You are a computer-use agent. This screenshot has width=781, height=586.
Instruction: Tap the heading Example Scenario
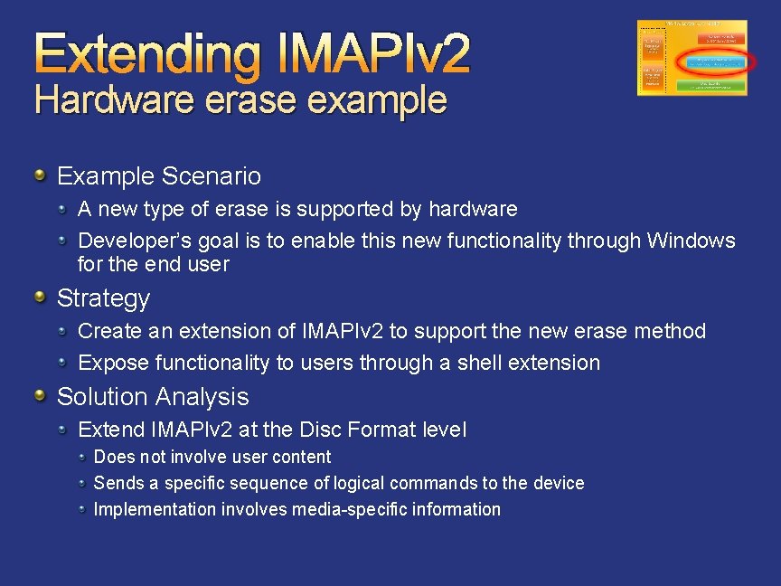click(x=159, y=175)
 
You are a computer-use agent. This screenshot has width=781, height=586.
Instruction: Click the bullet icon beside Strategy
click(x=41, y=297)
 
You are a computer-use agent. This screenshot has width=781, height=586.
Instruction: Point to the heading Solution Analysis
click(x=153, y=396)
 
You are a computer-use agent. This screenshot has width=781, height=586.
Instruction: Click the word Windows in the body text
click(x=692, y=241)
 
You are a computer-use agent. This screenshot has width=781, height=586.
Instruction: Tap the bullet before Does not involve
click(x=83, y=457)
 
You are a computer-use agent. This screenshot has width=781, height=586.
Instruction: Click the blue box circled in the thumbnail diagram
click(x=714, y=62)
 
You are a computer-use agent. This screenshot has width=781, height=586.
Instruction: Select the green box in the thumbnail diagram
click(x=710, y=86)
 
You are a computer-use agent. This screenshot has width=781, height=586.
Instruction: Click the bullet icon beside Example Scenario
click(x=41, y=175)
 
